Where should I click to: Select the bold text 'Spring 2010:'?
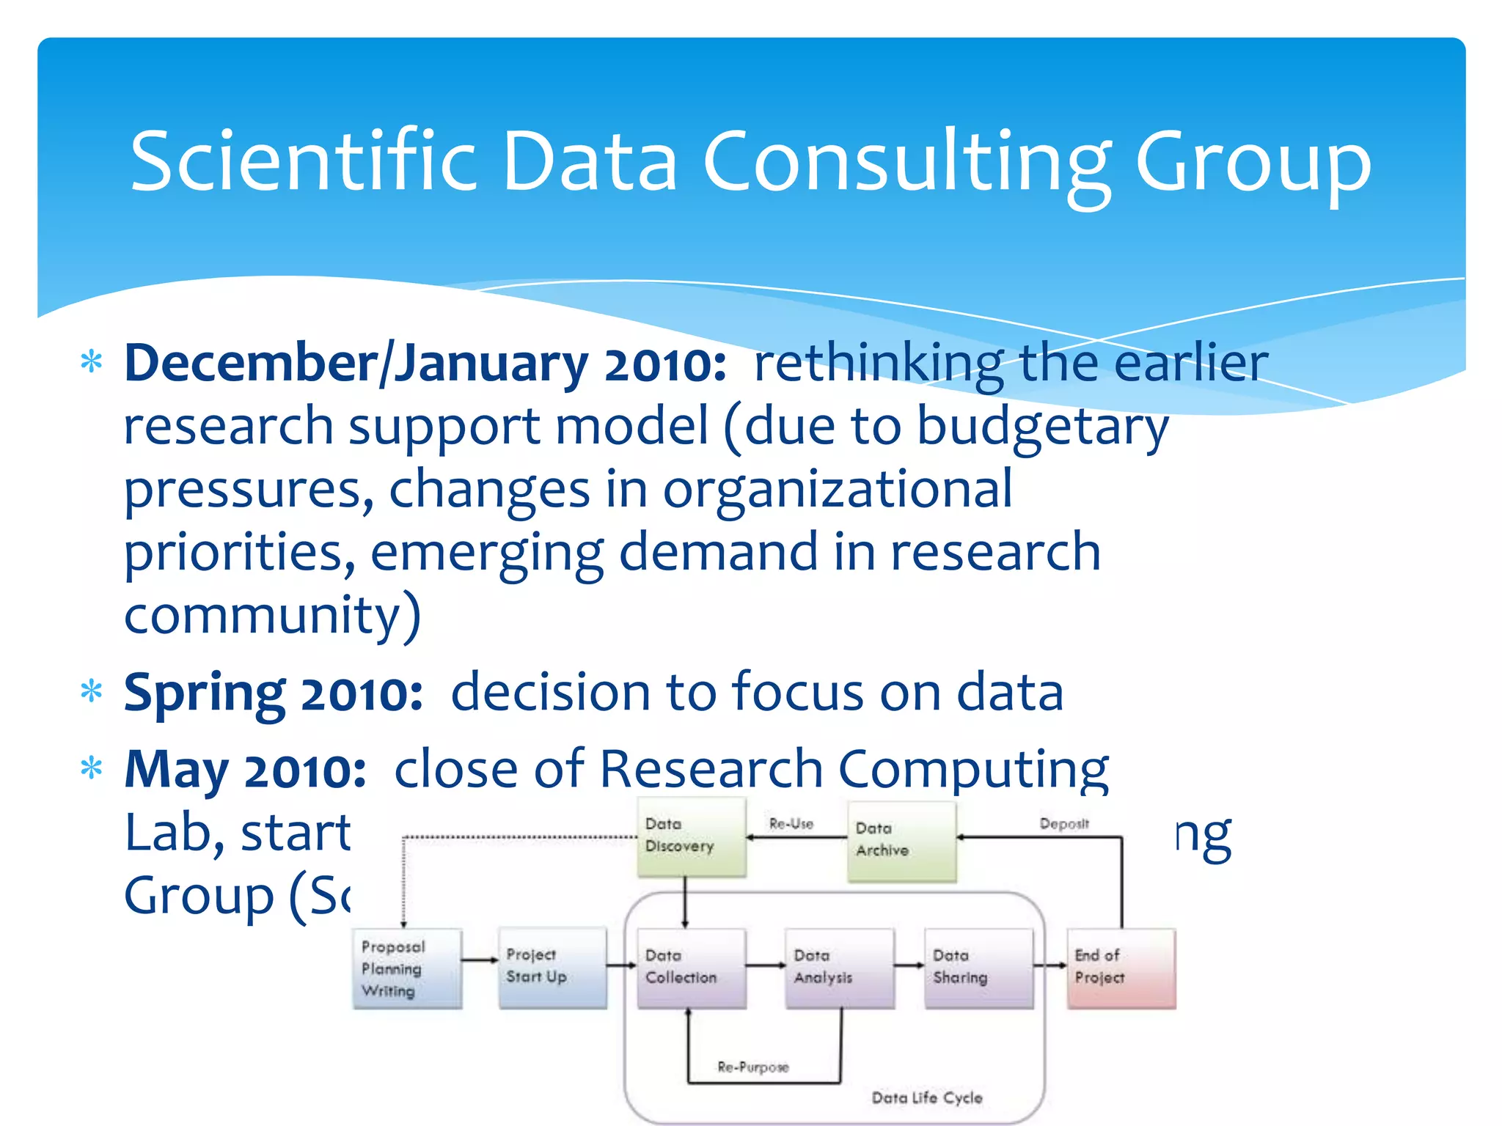[273, 693]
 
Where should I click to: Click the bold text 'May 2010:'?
[245, 770]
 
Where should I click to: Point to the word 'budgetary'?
[1042, 427]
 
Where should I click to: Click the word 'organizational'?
[837, 490]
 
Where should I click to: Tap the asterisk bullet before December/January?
[92, 363]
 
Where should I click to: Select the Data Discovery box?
[692, 837]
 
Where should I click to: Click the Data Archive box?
[901, 841]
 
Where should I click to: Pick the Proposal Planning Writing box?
[407, 968]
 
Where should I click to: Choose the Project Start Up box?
[552, 967]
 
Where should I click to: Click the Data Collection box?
[691, 968]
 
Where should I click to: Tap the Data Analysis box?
[839, 968]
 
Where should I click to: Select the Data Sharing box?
[978, 968]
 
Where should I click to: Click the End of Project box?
[1121, 968]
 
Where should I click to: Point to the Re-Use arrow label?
[791, 823]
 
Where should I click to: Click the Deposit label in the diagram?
[1064, 823]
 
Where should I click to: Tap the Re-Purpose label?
[753, 1067]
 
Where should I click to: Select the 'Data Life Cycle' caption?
[927, 1097]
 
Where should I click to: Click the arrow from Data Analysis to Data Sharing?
[909, 965]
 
